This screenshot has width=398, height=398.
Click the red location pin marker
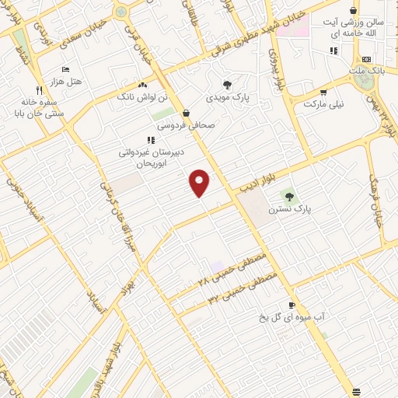click(200, 183)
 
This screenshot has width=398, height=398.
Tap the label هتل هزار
click(65, 81)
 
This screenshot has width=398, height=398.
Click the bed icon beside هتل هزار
click(65, 69)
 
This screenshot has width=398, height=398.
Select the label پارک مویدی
click(225, 98)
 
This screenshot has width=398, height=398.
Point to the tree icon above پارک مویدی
click(227, 85)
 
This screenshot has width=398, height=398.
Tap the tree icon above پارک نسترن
click(289, 197)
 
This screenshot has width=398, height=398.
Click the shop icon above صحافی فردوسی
click(185, 113)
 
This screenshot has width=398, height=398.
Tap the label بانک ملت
click(366, 71)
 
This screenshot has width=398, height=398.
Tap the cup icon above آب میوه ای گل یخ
click(292, 305)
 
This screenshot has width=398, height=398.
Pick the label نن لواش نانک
click(142, 97)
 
